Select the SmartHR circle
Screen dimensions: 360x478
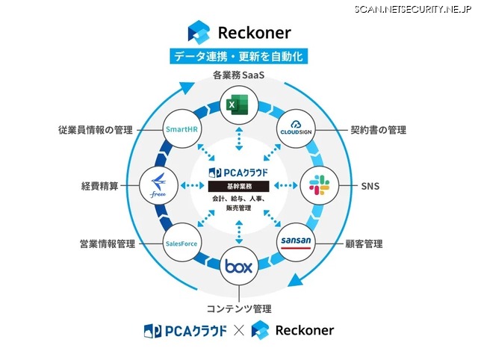coord(182,128)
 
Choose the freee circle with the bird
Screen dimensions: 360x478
coord(158,183)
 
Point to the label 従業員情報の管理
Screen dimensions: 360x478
coord(95,130)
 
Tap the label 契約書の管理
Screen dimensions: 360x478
coord(379,130)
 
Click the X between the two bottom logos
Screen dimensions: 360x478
coord(238,330)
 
